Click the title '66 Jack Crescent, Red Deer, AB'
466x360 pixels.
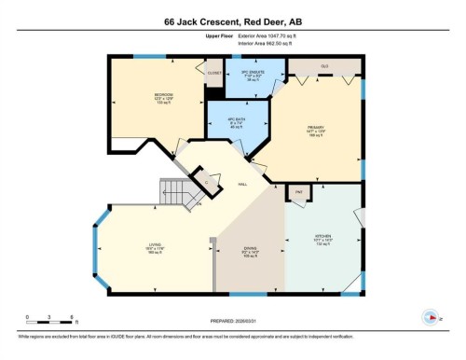232,18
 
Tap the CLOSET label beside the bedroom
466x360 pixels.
213,70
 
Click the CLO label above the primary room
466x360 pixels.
325,66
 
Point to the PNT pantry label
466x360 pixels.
299,192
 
